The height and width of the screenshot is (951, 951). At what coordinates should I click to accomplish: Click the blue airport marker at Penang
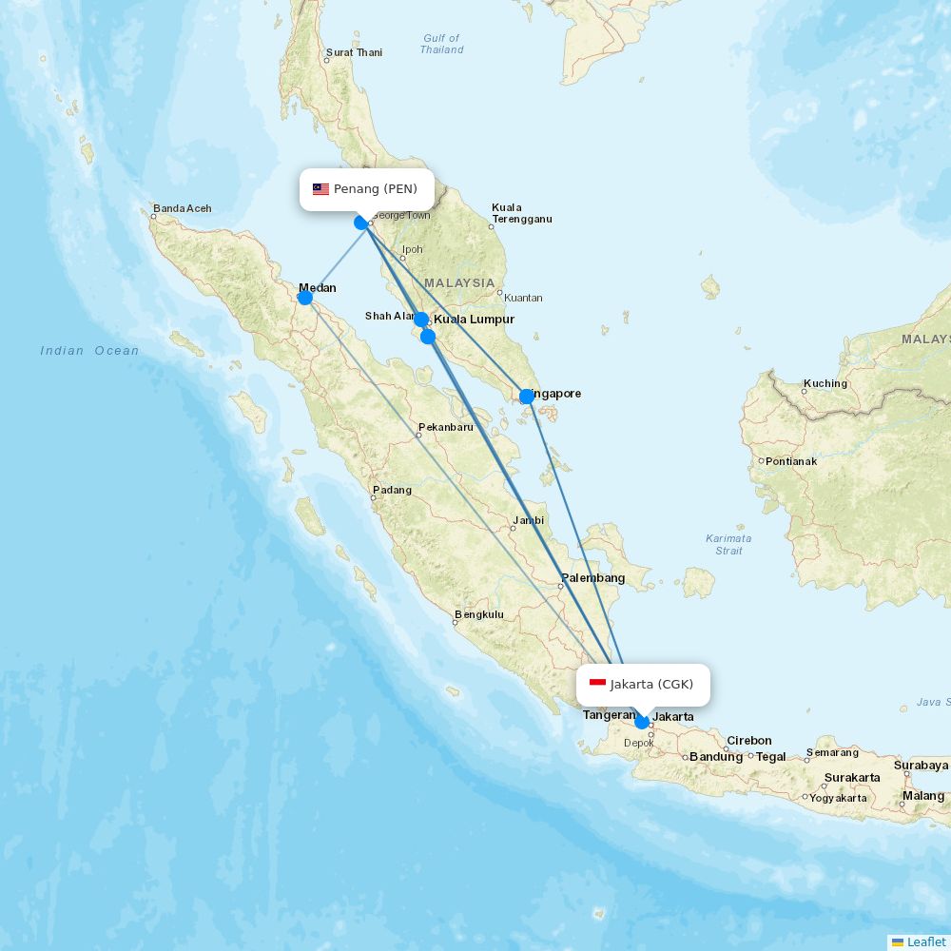coord(361,223)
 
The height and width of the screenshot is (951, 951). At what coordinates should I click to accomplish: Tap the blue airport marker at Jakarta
coord(642,722)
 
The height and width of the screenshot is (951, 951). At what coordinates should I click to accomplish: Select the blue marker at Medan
coord(305,298)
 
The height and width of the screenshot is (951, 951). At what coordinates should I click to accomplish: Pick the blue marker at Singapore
coord(527,397)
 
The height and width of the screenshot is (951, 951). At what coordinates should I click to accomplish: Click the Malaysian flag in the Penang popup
coord(320,189)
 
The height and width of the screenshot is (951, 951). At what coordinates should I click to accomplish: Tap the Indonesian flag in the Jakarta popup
coord(597,684)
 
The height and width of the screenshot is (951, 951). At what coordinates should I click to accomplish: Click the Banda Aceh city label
coord(183,208)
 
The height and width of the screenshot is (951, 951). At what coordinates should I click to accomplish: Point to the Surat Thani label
coord(354,52)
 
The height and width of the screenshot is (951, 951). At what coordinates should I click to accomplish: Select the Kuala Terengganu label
coord(521,213)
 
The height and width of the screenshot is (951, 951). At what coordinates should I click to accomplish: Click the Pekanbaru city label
coord(445,427)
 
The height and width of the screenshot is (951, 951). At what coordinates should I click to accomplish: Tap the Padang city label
coord(393,490)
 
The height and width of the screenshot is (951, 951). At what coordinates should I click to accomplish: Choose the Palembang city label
coord(592,577)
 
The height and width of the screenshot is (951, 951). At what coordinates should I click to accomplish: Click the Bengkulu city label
coord(479,614)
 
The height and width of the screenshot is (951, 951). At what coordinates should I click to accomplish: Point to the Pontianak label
coord(790,461)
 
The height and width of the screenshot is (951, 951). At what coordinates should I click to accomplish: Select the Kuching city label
coord(825,383)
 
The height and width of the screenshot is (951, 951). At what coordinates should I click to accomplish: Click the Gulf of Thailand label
coord(442,44)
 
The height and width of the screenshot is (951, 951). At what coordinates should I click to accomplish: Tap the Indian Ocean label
coord(89,351)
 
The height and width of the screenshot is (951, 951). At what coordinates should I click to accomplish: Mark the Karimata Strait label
coord(728,544)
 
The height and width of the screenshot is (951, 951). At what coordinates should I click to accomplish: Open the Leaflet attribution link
coord(925,941)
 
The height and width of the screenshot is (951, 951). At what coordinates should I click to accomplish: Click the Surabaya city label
coord(921,765)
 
